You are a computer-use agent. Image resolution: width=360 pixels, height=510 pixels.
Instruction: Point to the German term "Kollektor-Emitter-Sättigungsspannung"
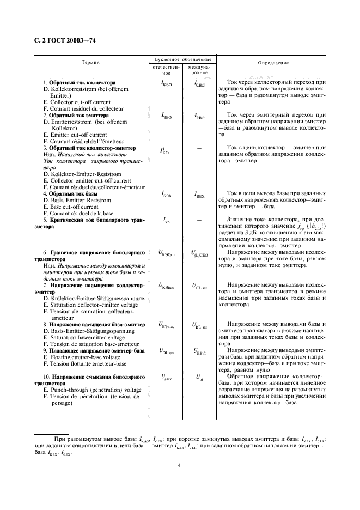pos(93,298)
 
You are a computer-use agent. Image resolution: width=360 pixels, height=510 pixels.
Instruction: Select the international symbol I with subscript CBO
pos(199,84)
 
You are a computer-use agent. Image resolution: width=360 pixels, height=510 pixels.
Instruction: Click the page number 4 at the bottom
pos(179,465)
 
